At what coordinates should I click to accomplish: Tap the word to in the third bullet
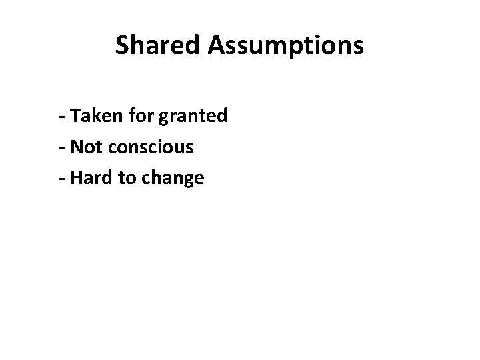(126, 178)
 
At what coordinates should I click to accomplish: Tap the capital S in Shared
(123, 45)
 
